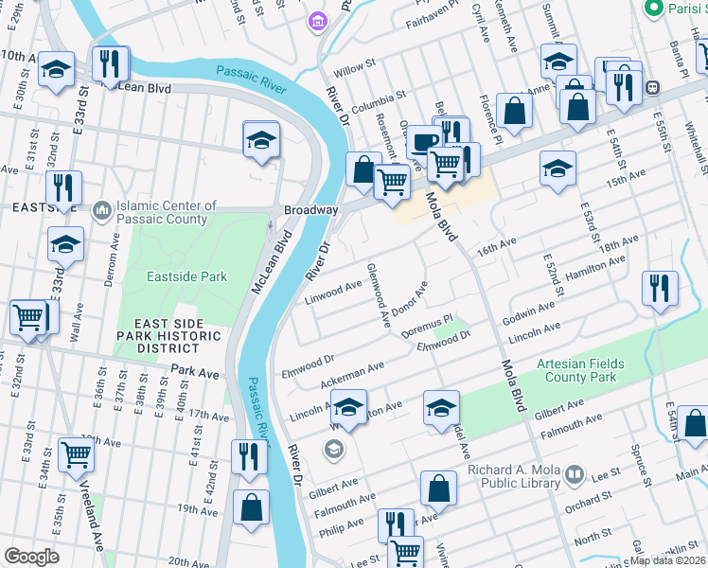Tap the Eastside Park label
(x=187, y=276)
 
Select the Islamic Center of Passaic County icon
(x=102, y=209)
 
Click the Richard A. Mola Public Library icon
(x=573, y=472)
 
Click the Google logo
(x=31, y=556)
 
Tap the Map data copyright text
(x=667, y=559)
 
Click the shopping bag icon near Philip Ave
(x=439, y=488)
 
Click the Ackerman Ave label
(x=351, y=373)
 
